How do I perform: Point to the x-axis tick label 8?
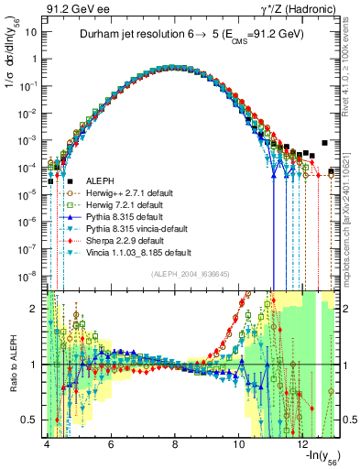point(175,445)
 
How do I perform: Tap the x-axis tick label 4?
point(46,445)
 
